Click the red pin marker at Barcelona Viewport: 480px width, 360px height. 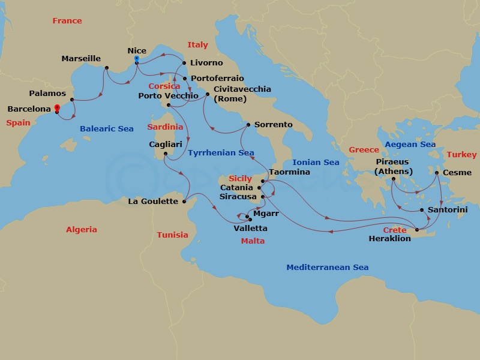point(57,109)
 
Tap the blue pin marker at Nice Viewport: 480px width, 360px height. point(137,59)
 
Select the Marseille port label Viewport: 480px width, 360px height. point(81,59)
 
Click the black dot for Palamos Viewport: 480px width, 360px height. point(72,100)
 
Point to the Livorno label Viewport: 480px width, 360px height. point(206,63)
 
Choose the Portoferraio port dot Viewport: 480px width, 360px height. point(185,79)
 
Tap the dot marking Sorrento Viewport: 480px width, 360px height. point(248,125)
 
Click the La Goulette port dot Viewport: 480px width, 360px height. point(185,202)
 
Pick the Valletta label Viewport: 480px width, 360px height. point(251,229)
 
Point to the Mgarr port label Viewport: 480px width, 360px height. point(266,213)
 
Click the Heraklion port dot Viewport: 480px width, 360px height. point(417,230)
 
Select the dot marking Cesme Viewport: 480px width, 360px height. point(437,173)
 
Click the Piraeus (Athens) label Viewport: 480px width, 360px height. point(393,167)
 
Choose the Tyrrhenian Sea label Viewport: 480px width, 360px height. point(221,153)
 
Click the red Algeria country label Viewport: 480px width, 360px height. point(81,230)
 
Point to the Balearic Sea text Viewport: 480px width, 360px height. point(107,129)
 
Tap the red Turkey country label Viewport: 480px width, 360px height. point(461,155)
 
